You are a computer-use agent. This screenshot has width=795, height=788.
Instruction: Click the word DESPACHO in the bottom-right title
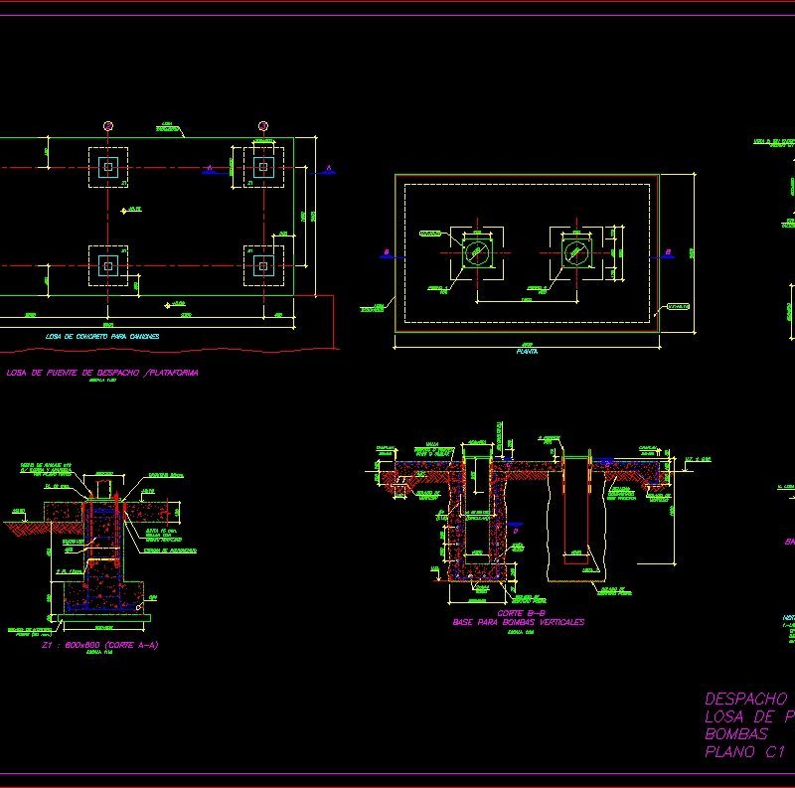coord(745,699)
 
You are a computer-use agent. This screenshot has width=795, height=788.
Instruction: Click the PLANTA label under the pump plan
coord(527,352)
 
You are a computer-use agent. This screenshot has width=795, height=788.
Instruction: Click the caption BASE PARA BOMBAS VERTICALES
coord(519,622)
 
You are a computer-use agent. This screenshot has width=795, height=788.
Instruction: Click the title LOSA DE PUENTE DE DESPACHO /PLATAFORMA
coord(102,373)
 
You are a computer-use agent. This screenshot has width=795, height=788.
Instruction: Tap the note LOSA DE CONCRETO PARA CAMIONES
coord(102,337)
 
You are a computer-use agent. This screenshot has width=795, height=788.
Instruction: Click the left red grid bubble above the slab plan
coord(108,126)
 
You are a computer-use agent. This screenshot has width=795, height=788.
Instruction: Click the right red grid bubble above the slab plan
coord(263,126)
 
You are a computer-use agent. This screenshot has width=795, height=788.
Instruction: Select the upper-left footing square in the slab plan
coord(108,167)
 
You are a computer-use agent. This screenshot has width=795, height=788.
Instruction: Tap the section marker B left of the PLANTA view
coord(386,252)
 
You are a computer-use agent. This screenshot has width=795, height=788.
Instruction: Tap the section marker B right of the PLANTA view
coord(668,251)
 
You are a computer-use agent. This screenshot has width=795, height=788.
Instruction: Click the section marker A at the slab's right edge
coord(328,169)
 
